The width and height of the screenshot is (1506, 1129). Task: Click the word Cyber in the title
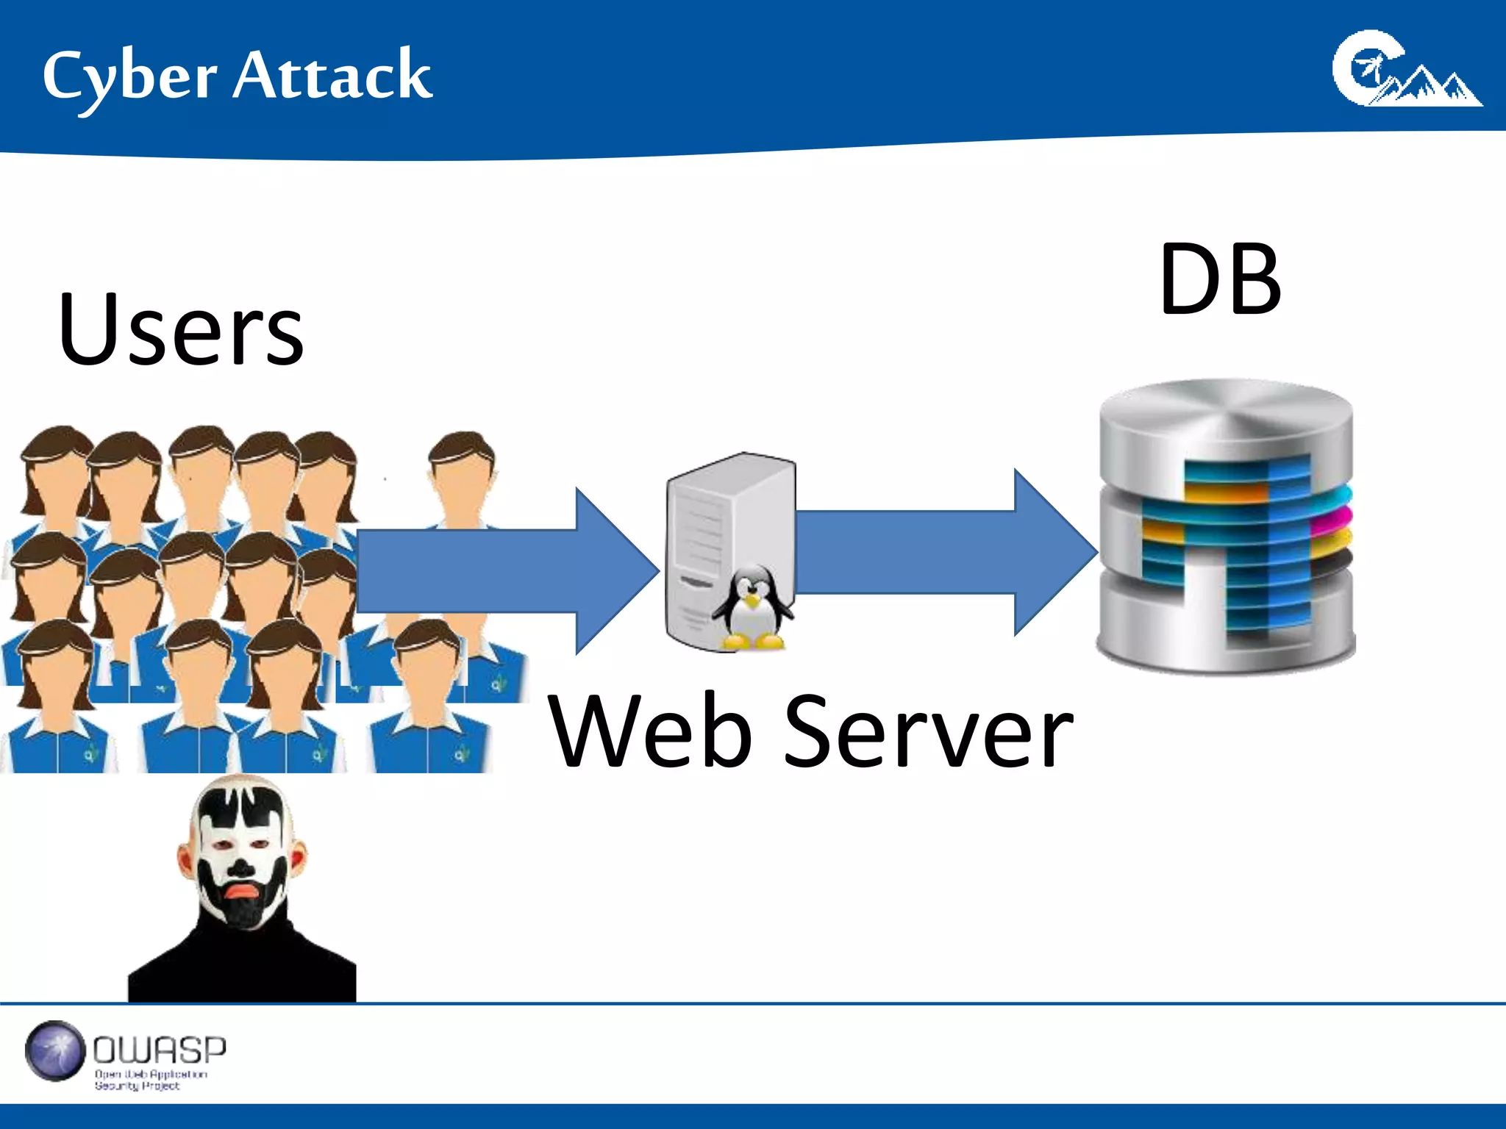(x=129, y=77)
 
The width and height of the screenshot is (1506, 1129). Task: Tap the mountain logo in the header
(x=1406, y=71)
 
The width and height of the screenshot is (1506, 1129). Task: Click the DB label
(x=1220, y=280)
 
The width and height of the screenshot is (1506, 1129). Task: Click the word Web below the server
(x=651, y=732)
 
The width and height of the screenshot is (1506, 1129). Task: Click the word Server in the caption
(x=928, y=732)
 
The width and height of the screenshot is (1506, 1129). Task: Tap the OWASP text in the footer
(x=160, y=1050)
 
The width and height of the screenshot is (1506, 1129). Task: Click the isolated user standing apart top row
(x=462, y=478)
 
